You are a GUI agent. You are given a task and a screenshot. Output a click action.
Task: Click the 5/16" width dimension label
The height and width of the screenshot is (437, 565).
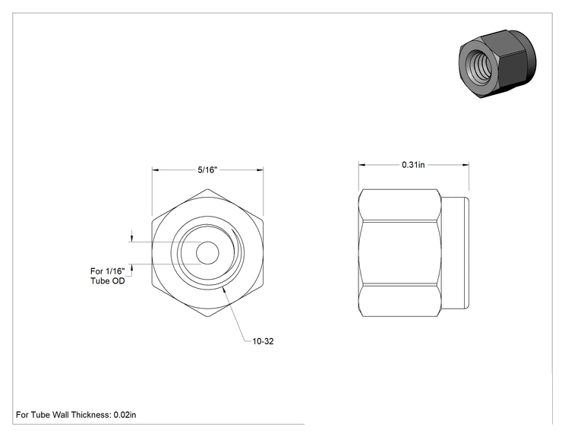pyautogui.click(x=207, y=169)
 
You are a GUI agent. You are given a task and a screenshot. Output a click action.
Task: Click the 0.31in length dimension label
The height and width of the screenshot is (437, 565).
pyautogui.click(x=413, y=165)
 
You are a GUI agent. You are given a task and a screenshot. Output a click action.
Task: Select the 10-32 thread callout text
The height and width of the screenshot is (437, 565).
pyautogui.click(x=263, y=341)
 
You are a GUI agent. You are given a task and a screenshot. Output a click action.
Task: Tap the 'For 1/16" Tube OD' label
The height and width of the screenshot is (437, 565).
pyautogui.click(x=108, y=276)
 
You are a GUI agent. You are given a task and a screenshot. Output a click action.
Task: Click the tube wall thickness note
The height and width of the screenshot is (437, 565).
pyautogui.click(x=76, y=415)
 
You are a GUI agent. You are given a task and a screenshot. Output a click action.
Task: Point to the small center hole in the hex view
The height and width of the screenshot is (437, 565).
pyautogui.click(x=207, y=253)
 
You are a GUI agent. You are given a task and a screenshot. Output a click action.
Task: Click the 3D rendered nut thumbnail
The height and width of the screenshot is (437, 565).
pyautogui.click(x=497, y=64)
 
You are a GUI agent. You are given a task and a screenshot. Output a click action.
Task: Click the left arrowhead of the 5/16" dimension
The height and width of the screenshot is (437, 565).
pyautogui.click(x=156, y=169)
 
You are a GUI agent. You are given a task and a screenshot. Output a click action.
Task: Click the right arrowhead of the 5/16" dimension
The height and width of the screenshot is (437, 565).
pyautogui.click(x=260, y=169)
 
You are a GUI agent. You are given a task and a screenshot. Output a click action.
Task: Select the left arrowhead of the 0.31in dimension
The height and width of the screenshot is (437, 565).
pyautogui.click(x=361, y=165)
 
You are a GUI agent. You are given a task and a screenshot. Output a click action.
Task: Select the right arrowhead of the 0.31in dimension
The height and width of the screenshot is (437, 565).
pyautogui.click(x=466, y=165)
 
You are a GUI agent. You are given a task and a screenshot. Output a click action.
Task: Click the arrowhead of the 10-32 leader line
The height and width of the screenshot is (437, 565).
pyautogui.click(x=225, y=290)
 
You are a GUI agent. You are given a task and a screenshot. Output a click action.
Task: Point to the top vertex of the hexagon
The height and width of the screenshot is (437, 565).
pyautogui.click(x=207, y=189)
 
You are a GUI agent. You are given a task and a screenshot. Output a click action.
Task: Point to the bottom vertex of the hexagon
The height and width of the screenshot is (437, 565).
pyautogui.click(x=207, y=317)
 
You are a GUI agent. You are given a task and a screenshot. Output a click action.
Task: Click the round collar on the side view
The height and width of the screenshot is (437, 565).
pyautogui.click(x=455, y=253)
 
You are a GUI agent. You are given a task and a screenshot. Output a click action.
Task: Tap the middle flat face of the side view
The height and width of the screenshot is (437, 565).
pyautogui.click(x=400, y=253)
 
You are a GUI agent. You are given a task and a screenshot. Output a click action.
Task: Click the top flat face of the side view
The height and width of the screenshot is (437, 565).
pyautogui.click(x=400, y=204)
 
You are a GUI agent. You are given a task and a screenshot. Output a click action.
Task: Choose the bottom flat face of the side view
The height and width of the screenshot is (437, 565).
pyautogui.click(x=400, y=301)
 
